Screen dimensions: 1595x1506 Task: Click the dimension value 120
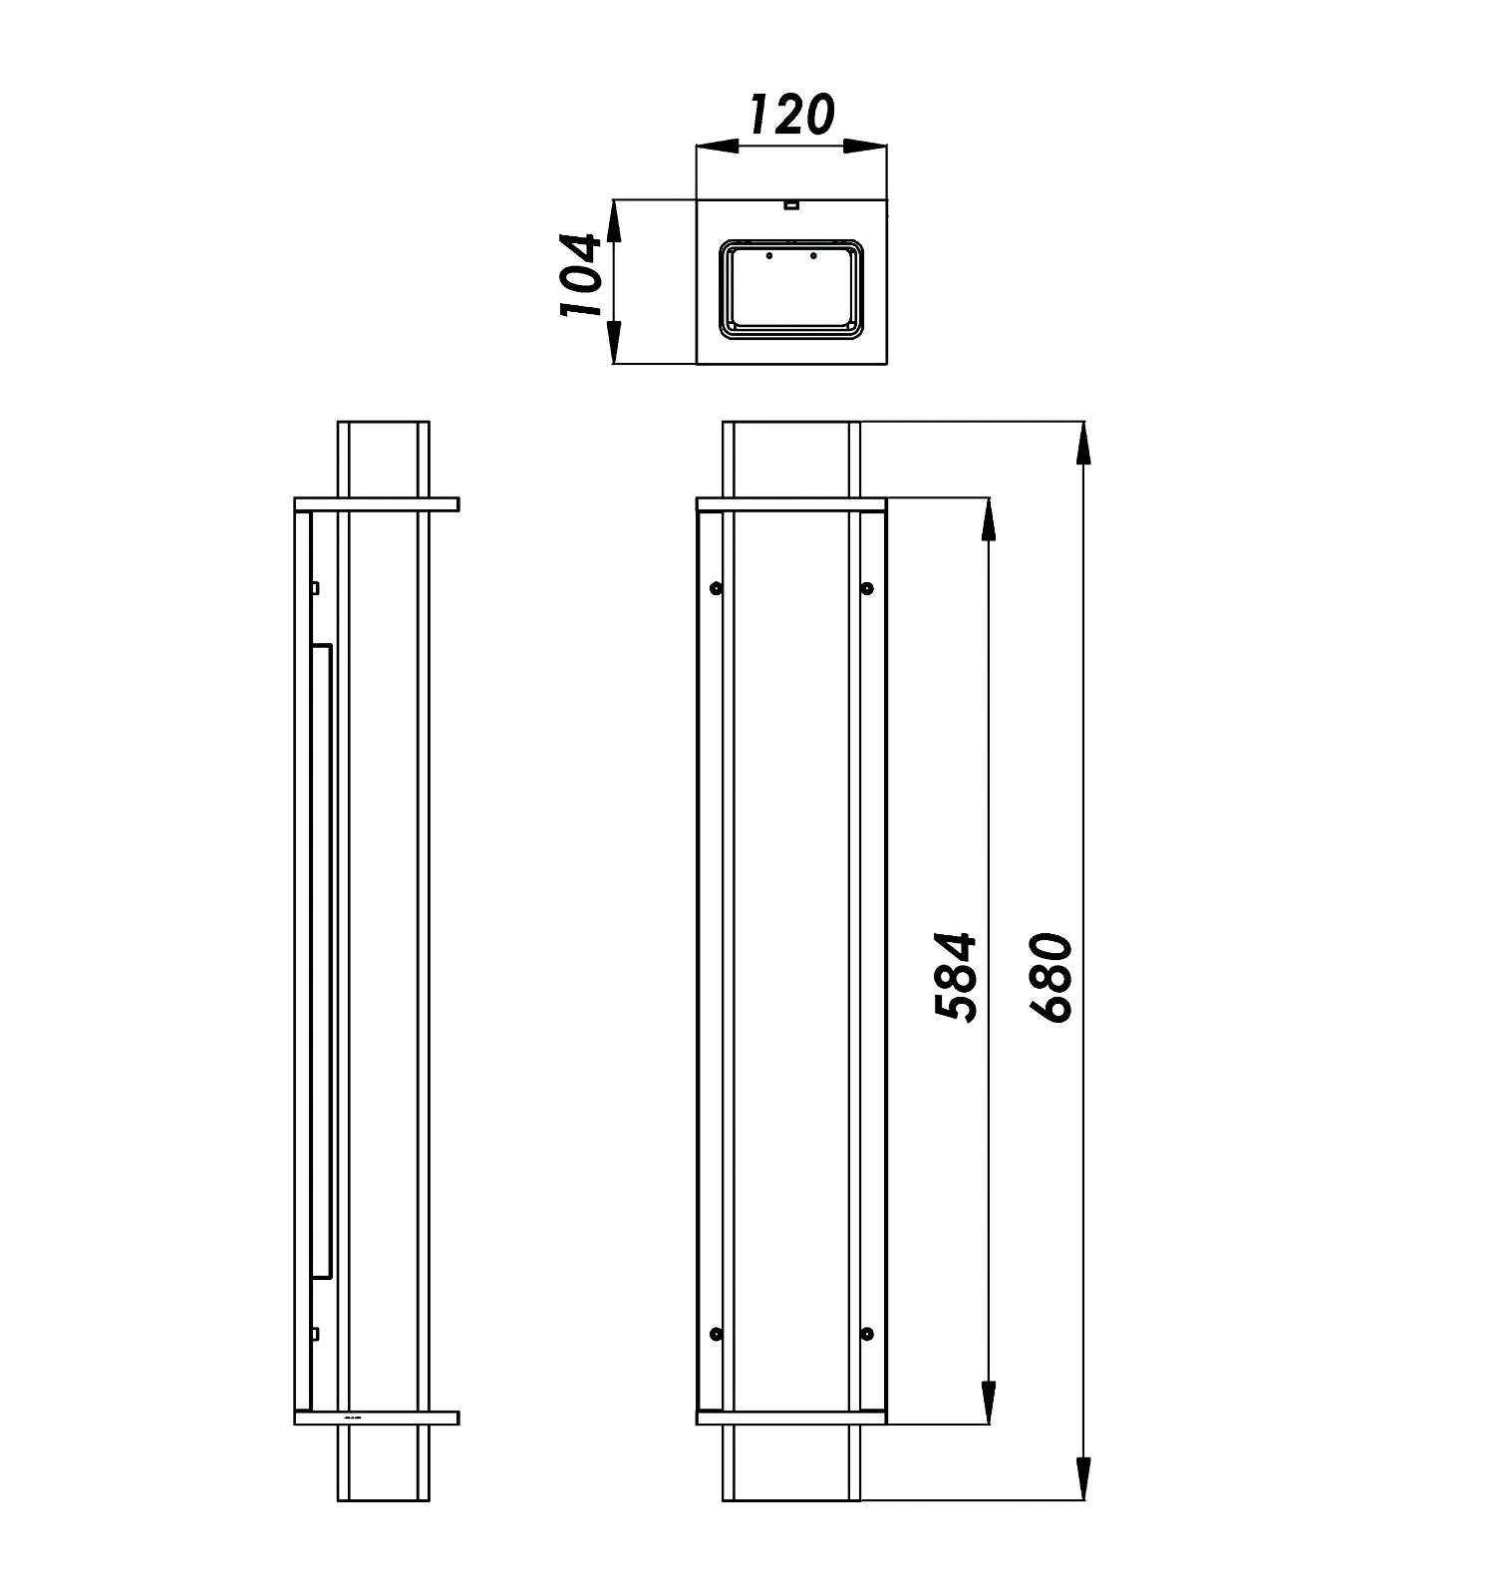pyautogui.click(x=790, y=116)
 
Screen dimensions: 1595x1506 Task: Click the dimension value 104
pyautogui.click(x=581, y=275)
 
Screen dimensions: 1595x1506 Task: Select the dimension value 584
pyautogui.click(x=956, y=977)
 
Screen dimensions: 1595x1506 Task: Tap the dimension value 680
pyautogui.click(x=1052, y=977)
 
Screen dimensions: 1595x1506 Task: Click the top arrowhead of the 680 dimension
pyautogui.click(x=1083, y=443)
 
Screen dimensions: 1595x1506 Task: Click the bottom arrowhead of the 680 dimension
pyautogui.click(x=1083, y=1479)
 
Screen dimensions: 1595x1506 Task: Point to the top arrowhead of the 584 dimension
pyautogui.click(x=988, y=518)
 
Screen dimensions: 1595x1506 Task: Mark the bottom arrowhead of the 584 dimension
pyautogui.click(x=988, y=1404)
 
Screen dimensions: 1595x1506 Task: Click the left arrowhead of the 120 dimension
pyautogui.click(x=717, y=147)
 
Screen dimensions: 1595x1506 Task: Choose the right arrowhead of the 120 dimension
pyautogui.click(x=865, y=147)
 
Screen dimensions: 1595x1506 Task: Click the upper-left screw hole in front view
pyautogui.click(x=716, y=588)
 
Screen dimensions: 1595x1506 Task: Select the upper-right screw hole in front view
pyautogui.click(x=866, y=588)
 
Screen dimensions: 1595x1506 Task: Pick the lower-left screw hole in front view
pyautogui.click(x=716, y=1334)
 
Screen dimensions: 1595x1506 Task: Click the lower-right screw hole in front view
pyautogui.click(x=866, y=1334)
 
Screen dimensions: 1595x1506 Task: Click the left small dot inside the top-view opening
pyautogui.click(x=768, y=256)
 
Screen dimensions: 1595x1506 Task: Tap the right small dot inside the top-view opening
pyautogui.click(x=813, y=256)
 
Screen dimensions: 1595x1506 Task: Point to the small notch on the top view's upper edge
pyautogui.click(x=790, y=206)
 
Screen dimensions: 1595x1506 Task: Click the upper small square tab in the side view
pyautogui.click(x=314, y=588)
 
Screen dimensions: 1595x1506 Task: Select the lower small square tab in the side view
pyautogui.click(x=314, y=1334)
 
